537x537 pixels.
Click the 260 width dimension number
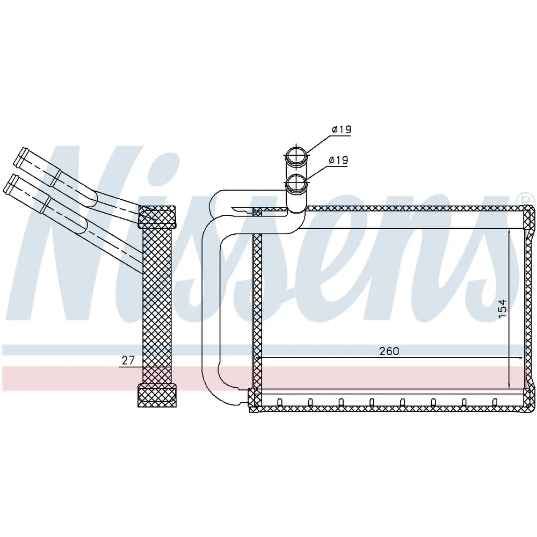tap(389, 351)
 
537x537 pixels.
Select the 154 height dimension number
tap(502, 308)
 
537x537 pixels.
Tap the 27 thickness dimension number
tap(128, 360)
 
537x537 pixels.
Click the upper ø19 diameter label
tap(342, 130)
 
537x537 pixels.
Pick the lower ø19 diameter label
tap(338, 160)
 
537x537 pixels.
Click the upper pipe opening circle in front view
tap(296, 156)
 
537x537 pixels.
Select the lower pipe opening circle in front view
tap(296, 183)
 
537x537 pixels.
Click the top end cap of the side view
tap(156, 217)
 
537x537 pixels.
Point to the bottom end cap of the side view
tap(157, 395)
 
